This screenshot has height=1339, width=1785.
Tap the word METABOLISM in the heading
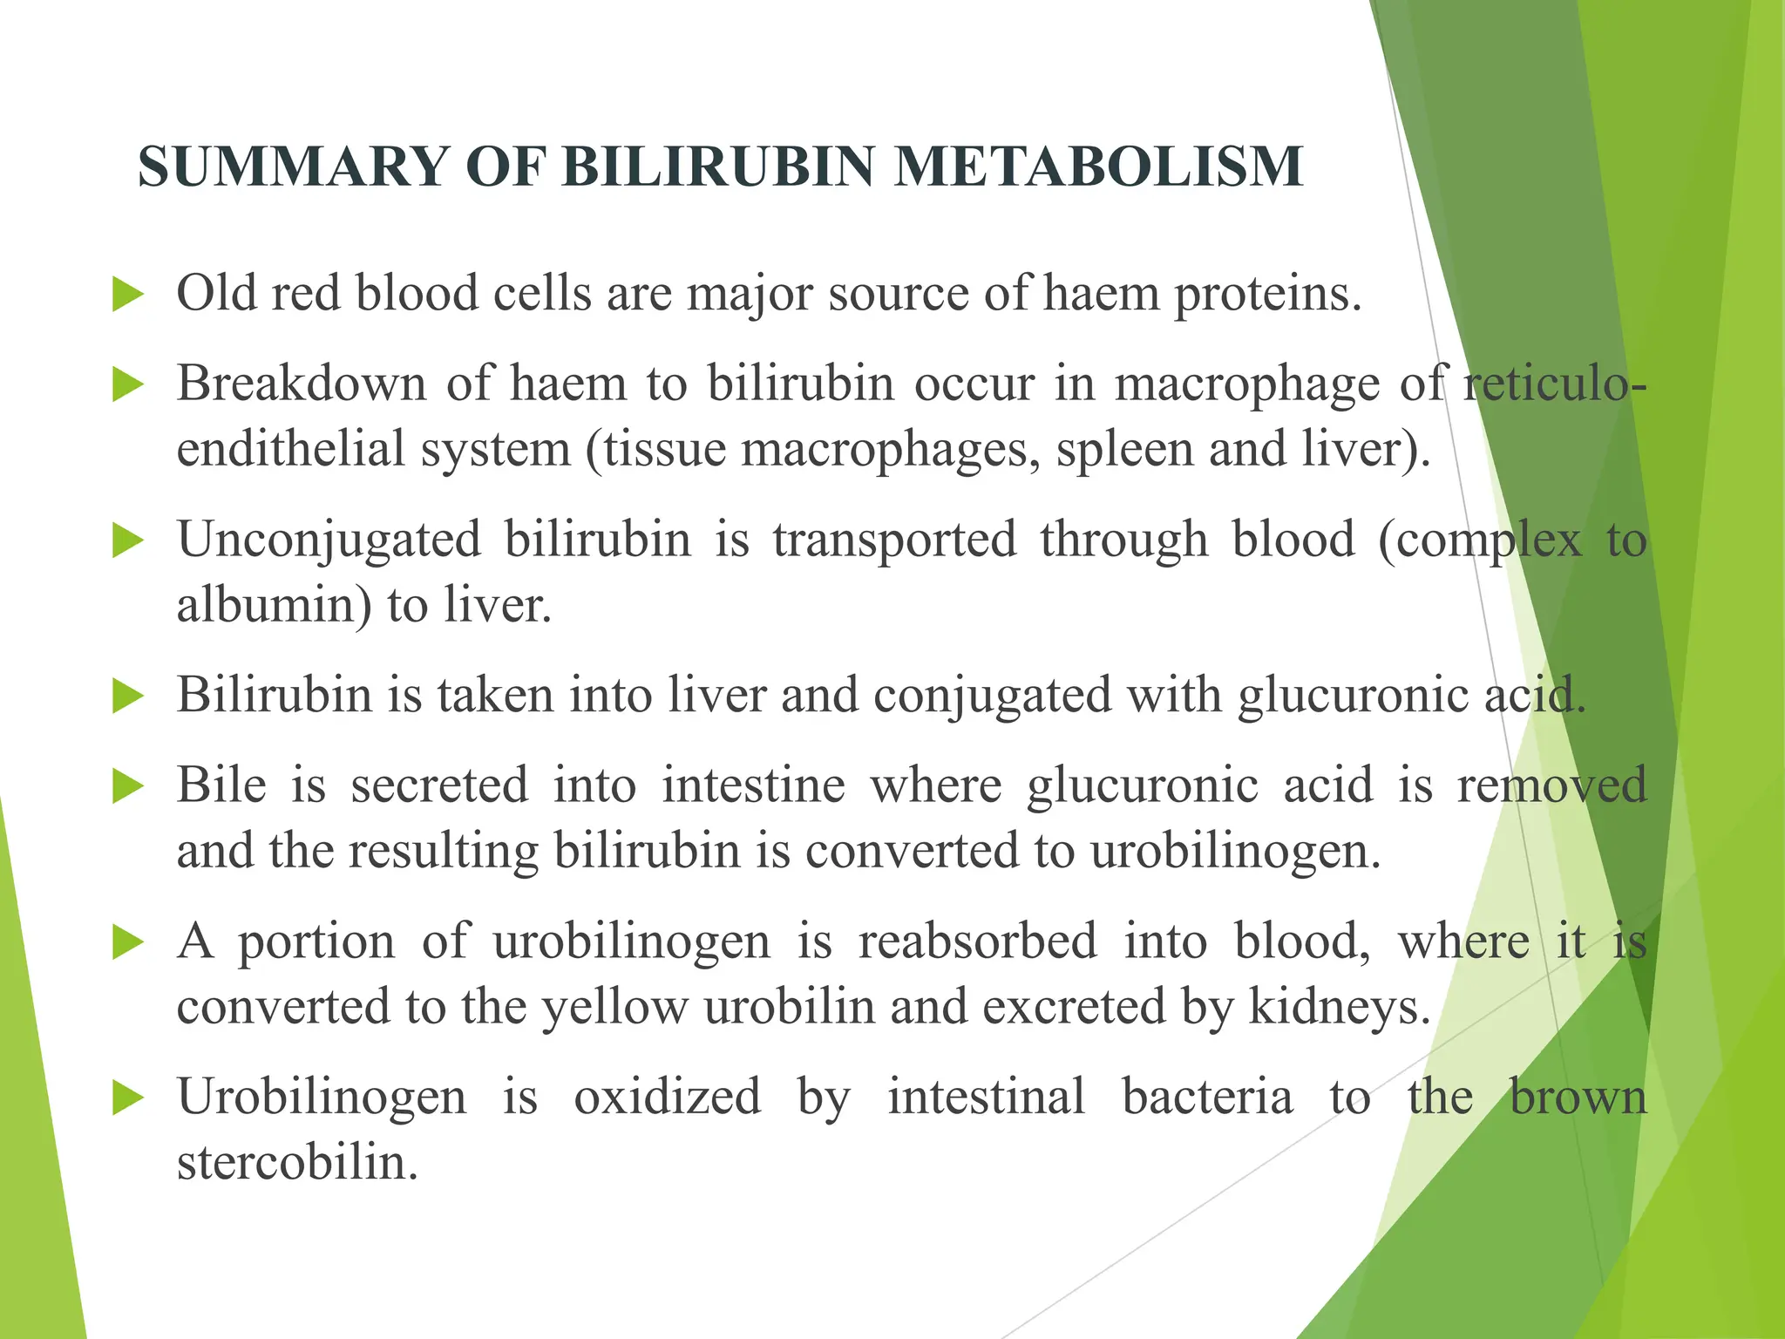click(x=1098, y=167)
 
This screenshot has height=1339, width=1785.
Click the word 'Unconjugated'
click(x=329, y=540)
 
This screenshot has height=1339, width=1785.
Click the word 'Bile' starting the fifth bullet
click(x=221, y=785)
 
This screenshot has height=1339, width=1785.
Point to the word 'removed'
click(x=1551, y=785)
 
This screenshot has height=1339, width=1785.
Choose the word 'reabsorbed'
click(x=978, y=941)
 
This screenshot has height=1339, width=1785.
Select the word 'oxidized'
click(x=667, y=1097)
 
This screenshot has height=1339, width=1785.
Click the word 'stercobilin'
click(x=297, y=1163)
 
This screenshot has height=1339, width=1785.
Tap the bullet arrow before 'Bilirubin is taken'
click(x=128, y=697)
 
